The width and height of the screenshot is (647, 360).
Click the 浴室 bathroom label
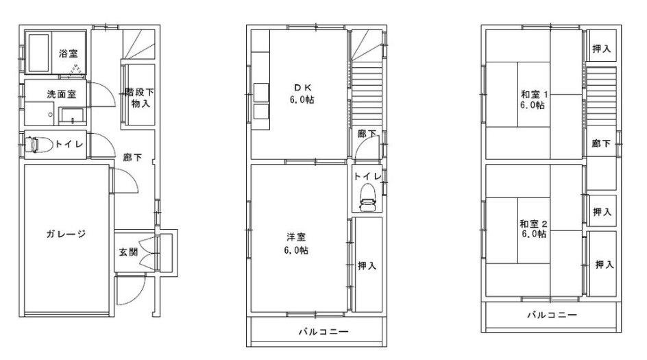pyautogui.click(x=68, y=53)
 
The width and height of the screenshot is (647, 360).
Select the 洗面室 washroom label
pyautogui.click(x=61, y=94)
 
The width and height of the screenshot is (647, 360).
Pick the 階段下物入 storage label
pyautogui.click(x=138, y=97)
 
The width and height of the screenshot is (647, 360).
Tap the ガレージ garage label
pyautogui.click(x=66, y=235)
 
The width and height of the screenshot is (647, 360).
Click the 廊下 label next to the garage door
pyautogui.click(x=132, y=158)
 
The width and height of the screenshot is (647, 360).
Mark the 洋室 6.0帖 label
pyautogui.click(x=297, y=243)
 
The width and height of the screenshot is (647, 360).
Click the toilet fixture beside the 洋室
pyautogui.click(x=367, y=197)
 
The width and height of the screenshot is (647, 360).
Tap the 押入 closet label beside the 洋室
pyautogui.click(x=367, y=265)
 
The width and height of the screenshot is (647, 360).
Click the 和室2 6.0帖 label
pyautogui.click(x=533, y=228)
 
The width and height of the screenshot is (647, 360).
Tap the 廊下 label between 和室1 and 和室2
pyautogui.click(x=602, y=144)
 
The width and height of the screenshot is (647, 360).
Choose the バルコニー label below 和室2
pyautogui.click(x=551, y=315)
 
